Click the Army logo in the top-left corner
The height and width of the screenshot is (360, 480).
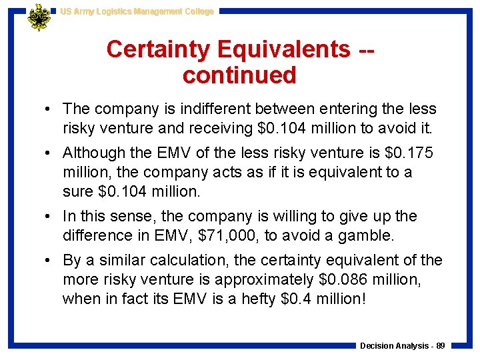pyautogui.click(x=39, y=17)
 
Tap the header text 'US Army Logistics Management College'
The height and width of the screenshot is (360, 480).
pyautogui.click(x=137, y=11)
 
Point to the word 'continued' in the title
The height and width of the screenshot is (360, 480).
pyautogui.click(x=239, y=75)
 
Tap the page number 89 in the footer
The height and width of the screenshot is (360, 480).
pyautogui.click(x=440, y=345)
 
